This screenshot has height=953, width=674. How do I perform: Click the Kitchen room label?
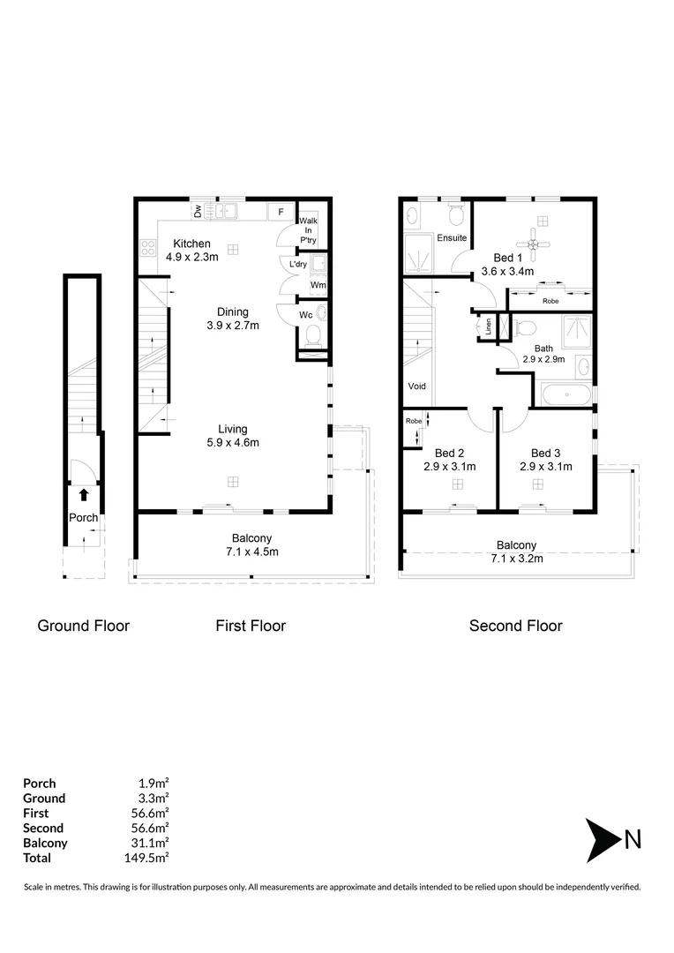(191, 244)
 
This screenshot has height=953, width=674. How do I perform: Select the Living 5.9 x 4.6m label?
(233, 436)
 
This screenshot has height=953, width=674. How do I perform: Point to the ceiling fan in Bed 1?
(534, 239)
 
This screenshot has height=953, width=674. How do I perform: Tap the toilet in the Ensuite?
(456, 215)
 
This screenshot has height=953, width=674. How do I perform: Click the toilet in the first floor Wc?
(313, 336)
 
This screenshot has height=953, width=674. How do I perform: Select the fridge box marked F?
(281, 212)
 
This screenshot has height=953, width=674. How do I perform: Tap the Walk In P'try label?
(308, 229)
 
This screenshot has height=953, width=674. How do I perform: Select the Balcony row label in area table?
(45, 843)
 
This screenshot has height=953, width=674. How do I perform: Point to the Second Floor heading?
(515, 626)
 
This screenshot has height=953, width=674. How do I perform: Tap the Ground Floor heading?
(83, 626)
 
